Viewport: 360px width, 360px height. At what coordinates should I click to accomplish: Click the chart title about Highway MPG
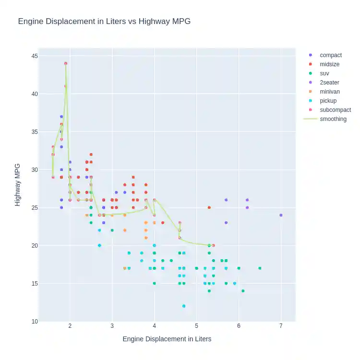click(104, 22)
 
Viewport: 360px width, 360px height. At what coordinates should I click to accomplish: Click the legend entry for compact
click(331, 55)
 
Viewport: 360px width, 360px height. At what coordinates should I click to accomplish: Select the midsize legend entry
click(329, 64)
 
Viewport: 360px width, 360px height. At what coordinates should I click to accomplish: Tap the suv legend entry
click(324, 73)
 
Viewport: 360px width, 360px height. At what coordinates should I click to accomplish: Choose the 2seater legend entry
click(329, 83)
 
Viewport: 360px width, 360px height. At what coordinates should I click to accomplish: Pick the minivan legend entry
click(330, 92)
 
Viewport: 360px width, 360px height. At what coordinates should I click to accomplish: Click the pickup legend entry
click(328, 101)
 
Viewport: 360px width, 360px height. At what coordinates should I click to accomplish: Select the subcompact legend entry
click(335, 110)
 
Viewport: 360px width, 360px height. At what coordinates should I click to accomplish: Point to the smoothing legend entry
click(333, 119)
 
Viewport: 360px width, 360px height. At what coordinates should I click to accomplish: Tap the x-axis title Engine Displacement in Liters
click(167, 339)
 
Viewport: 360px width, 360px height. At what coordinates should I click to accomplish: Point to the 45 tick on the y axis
click(35, 56)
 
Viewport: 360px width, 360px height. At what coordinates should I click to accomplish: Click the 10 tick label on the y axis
click(35, 321)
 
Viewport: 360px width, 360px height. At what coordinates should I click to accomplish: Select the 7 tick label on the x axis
click(281, 326)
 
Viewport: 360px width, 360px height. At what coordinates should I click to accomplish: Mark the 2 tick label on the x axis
click(70, 326)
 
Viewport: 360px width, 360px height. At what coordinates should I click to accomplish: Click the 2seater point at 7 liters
click(281, 215)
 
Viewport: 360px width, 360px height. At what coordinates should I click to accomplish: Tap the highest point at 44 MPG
click(66, 63)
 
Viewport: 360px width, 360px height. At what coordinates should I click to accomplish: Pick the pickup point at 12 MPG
click(184, 306)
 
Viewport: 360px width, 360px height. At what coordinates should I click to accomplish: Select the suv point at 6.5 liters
click(260, 268)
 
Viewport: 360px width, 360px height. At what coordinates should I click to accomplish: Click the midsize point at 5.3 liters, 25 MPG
click(209, 207)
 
